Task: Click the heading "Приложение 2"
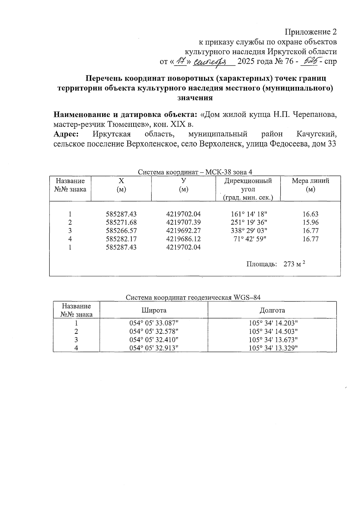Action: pyautogui.click(x=310, y=32)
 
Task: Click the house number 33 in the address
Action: pyautogui.click(x=331, y=144)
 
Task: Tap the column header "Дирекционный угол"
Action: pyautogui.click(x=248, y=185)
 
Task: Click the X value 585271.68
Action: pyautogui.click(x=121, y=223)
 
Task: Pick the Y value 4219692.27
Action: pyautogui.click(x=183, y=231)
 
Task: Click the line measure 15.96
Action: pyautogui.click(x=310, y=223)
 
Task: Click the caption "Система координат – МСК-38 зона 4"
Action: pyautogui.click(x=195, y=172)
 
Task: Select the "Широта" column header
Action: pyautogui.click(x=154, y=310)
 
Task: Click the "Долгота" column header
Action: pyautogui.click(x=272, y=310)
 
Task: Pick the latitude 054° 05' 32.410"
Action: pyautogui.click(x=154, y=340)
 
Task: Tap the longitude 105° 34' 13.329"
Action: pyautogui.click(x=273, y=348)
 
